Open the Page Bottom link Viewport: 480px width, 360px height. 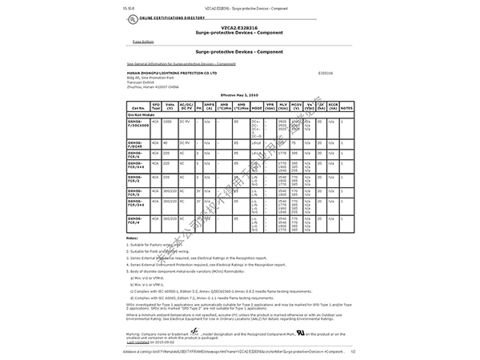pos(143,42)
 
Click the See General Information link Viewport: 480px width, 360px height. pos(181,62)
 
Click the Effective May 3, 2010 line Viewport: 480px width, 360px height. pos(239,94)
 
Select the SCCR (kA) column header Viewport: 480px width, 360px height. pos(333,105)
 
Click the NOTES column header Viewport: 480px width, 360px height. pos(346,105)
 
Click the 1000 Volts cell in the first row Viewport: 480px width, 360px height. pos(168,121)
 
